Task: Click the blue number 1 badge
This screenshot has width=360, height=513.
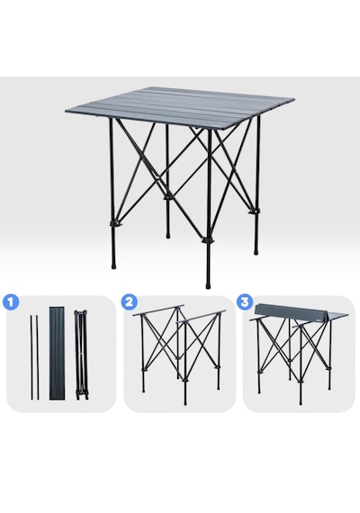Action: pyautogui.click(x=11, y=302)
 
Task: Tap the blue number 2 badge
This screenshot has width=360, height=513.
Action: pyautogui.click(x=129, y=301)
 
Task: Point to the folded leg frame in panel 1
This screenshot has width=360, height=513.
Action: pyautogui.click(x=80, y=355)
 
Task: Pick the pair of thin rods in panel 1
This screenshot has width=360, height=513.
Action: pyautogui.click(x=35, y=357)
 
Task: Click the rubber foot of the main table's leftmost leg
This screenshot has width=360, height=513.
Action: pyautogui.click(x=113, y=265)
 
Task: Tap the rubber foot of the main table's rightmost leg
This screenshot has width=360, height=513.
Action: pyautogui.click(x=256, y=251)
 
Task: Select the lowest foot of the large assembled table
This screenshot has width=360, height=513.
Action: pyautogui.click(x=208, y=284)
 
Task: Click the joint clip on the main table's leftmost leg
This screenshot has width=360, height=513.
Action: pyautogui.click(x=114, y=224)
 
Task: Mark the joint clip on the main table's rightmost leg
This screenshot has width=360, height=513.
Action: pyautogui.click(x=254, y=211)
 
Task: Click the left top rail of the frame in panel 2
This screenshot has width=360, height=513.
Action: pyautogui.click(x=158, y=310)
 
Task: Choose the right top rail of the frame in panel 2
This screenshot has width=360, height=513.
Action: pyautogui.click(x=201, y=317)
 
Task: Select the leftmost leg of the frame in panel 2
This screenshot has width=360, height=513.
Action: pyautogui.click(x=143, y=354)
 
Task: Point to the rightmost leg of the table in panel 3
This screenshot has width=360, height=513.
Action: pyautogui.click(x=329, y=352)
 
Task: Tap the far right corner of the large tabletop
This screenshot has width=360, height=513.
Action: pyautogui.click(x=293, y=98)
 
